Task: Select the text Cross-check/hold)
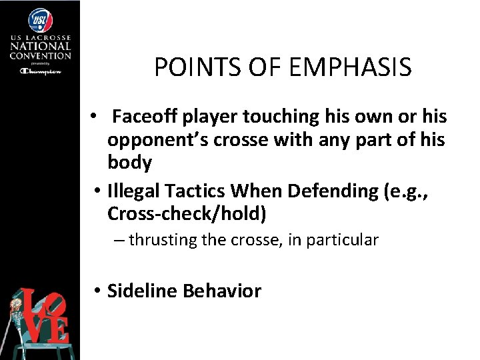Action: (x=187, y=214)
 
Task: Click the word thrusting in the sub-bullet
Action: (x=158, y=240)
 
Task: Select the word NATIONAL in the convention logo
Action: (x=40, y=47)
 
